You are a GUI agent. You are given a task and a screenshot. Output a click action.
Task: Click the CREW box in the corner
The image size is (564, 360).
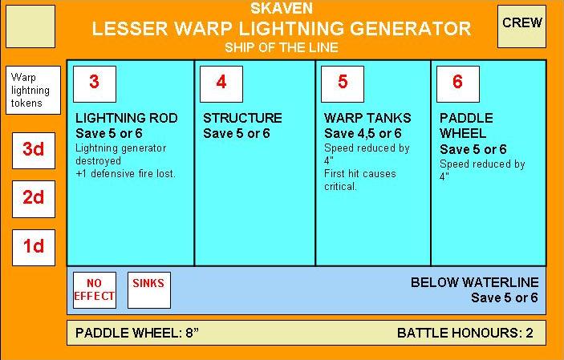[x=521, y=25]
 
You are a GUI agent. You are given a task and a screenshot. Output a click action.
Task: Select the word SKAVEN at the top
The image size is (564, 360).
[x=281, y=10]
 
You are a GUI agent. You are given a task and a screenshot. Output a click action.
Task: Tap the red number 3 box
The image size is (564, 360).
[x=95, y=83]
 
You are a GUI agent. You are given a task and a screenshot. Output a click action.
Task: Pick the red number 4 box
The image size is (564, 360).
[x=221, y=83]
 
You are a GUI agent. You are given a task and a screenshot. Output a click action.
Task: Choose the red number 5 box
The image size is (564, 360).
[x=343, y=83]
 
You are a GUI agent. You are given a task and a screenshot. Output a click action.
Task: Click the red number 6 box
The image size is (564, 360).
[x=457, y=83]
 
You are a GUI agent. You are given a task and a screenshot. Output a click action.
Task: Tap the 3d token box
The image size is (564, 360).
[x=33, y=150]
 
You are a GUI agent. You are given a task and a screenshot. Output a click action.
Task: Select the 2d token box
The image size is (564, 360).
[x=33, y=198]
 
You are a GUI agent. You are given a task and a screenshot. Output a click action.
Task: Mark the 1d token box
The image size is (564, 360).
[x=33, y=247]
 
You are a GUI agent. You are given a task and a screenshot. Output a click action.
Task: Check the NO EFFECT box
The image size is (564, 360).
[x=94, y=289]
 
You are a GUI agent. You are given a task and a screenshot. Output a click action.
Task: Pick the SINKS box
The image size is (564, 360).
[x=148, y=289]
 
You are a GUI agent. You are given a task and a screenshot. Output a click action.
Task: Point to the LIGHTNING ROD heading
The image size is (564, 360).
[x=126, y=118]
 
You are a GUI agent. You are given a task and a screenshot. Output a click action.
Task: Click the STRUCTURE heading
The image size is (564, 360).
[x=242, y=118]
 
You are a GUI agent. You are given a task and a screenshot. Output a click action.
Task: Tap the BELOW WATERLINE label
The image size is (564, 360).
[x=474, y=283]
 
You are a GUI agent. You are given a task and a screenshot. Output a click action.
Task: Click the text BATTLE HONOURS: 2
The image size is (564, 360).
[x=465, y=333]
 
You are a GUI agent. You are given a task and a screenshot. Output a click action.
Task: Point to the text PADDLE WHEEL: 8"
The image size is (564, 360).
[x=136, y=333]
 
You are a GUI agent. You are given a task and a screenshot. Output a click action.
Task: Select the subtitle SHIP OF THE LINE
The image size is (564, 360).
[x=281, y=47]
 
